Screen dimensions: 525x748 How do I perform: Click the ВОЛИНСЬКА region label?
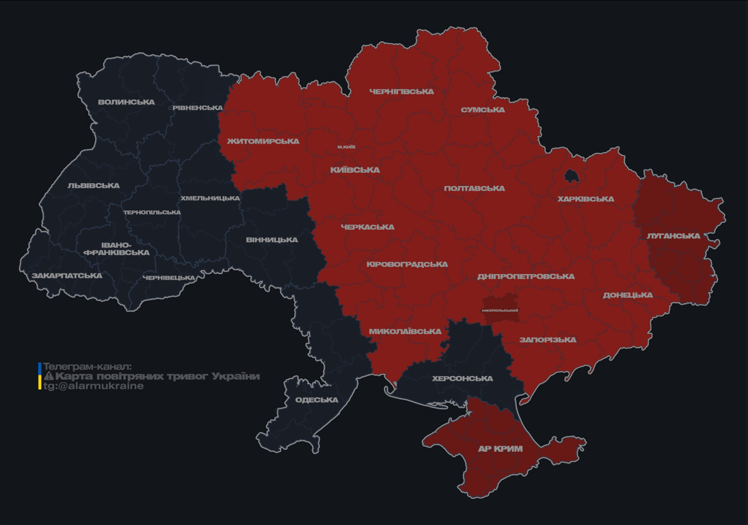click(126, 103)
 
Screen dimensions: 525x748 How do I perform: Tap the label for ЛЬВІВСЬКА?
click(94, 186)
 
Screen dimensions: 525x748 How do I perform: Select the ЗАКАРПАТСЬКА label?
click(67, 276)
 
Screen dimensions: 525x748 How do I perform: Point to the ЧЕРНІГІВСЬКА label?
click(401, 92)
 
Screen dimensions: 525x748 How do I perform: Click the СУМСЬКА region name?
click(483, 110)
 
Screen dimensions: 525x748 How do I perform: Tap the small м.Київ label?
click(346, 147)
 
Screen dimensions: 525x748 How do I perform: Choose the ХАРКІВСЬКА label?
click(585, 200)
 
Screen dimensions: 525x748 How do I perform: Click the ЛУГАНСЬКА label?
click(673, 236)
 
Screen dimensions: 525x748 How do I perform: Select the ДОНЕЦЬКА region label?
click(628, 295)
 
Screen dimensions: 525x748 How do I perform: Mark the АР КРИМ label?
click(500, 449)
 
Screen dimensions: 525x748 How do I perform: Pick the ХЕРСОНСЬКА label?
click(462, 379)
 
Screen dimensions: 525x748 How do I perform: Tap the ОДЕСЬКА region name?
click(317, 400)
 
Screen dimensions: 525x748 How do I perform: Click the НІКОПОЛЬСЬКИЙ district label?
click(500, 310)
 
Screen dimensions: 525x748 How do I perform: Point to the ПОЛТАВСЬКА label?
click(475, 189)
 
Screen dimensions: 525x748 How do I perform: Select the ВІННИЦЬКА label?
click(272, 240)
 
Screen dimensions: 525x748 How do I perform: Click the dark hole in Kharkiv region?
click(570, 176)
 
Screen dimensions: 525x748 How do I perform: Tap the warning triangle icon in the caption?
click(49, 377)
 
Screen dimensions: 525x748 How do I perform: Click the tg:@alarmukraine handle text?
click(94, 386)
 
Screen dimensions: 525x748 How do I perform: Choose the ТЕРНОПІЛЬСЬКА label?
click(152, 213)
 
